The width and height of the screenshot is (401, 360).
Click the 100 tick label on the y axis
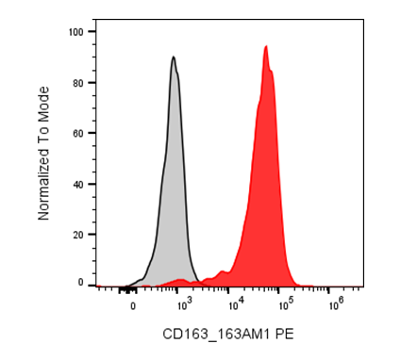click(76, 32)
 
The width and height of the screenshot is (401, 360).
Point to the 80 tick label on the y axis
click(78, 83)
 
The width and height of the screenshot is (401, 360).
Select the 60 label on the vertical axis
click(78, 133)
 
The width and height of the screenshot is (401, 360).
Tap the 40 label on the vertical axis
click(78, 185)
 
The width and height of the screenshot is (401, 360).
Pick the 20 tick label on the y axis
click(78, 235)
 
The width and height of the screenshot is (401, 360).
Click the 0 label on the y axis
click(81, 283)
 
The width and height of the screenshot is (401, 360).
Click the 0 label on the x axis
click(133, 306)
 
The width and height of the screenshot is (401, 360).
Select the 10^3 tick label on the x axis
click(184, 304)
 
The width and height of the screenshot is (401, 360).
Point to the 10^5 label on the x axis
click(285, 304)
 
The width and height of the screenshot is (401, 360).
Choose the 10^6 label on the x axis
click(335, 304)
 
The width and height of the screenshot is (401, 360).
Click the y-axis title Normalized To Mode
click(43, 154)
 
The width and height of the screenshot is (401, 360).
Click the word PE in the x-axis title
click(284, 334)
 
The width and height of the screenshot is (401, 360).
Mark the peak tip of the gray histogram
click(174, 57)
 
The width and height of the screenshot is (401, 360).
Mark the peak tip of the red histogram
click(266, 46)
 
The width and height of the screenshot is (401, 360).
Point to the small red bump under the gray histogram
click(180, 280)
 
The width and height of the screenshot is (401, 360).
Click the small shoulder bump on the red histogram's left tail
click(223, 271)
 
